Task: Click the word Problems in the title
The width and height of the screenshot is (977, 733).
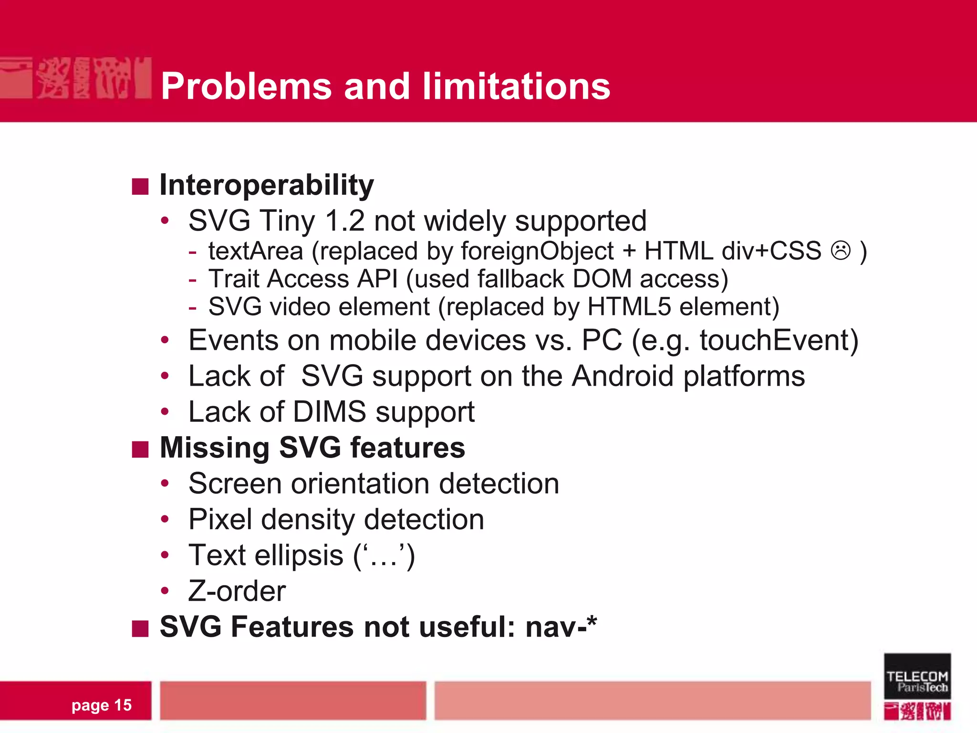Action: pyautogui.click(x=246, y=86)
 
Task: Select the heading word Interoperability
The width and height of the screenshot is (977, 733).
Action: pyautogui.click(x=267, y=185)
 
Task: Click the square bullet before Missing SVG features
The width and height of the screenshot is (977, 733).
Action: pyautogui.click(x=140, y=449)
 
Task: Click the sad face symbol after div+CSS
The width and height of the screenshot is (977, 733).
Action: pyautogui.click(x=841, y=251)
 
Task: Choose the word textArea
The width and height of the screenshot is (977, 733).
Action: pyautogui.click(x=256, y=251)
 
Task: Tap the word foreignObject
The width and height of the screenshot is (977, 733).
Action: pyautogui.click(x=537, y=251)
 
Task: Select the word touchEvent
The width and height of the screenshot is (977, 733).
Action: pyautogui.click(x=779, y=341)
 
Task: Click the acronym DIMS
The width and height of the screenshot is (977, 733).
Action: pyautogui.click(x=329, y=412)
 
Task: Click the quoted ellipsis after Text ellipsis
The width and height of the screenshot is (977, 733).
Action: pyautogui.click(x=385, y=556)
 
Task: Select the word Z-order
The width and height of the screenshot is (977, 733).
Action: pyautogui.click(x=237, y=591)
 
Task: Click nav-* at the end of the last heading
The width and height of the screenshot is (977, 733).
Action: pyautogui.click(x=561, y=627)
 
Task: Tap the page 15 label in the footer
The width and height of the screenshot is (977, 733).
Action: pyautogui.click(x=101, y=705)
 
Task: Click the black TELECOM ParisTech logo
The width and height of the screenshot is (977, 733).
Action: pyautogui.click(x=917, y=676)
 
